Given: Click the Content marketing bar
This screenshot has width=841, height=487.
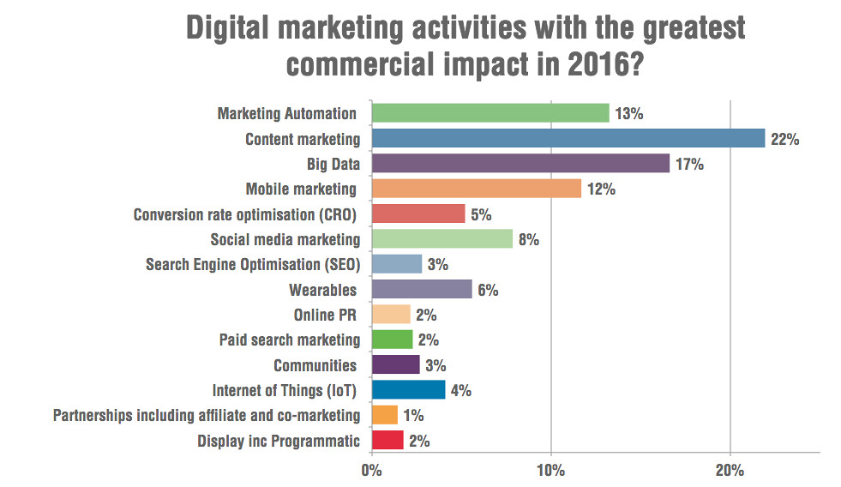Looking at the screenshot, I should [x=568, y=139].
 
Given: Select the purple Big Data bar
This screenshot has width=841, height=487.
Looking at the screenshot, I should [x=520, y=164].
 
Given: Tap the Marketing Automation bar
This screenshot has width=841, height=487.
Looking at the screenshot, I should [x=490, y=113].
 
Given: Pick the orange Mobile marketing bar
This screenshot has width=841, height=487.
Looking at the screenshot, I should [x=476, y=189].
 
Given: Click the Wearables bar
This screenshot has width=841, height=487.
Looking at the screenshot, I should [x=422, y=290].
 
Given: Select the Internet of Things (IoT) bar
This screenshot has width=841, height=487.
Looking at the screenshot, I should [x=408, y=391].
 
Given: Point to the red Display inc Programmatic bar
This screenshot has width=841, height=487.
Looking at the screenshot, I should [x=387, y=442].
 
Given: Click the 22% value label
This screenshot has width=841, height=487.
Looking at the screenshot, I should [x=784, y=139].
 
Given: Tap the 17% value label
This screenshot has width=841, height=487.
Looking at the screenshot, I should [x=689, y=164].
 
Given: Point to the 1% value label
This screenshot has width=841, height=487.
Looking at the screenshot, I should [x=415, y=417].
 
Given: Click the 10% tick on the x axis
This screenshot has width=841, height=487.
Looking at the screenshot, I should [x=550, y=471].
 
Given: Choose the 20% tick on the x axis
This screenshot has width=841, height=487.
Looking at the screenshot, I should [x=730, y=471].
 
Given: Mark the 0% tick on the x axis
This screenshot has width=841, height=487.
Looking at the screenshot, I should [x=371, y=471].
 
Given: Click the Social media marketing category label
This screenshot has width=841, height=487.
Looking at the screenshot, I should [x=285, y=240].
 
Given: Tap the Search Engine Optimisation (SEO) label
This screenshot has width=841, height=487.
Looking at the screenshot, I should [x=252, y=265].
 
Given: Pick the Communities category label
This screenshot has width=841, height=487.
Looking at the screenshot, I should [x=315, y=366].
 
